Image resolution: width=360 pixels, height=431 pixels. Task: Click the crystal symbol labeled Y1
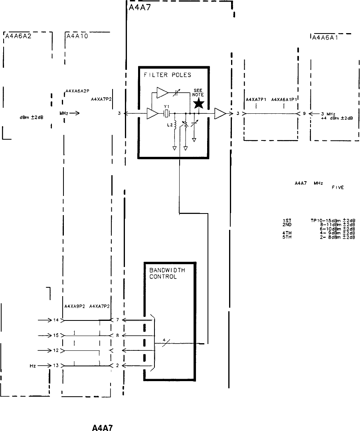[166, 114]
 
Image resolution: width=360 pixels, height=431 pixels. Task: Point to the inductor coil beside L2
[175, 127]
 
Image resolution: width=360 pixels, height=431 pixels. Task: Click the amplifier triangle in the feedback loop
[163, 93]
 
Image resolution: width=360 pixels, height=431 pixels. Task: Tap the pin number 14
[55, 320]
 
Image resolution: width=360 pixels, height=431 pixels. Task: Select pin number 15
[55, 335]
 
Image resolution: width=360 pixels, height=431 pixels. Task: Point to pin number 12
[55, 350]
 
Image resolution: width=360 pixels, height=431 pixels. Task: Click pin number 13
[55, 366]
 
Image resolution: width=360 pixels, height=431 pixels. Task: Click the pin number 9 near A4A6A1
[304, 114]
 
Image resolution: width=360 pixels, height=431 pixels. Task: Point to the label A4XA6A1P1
[283, 99]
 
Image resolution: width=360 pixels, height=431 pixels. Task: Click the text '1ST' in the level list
[286, 220]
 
